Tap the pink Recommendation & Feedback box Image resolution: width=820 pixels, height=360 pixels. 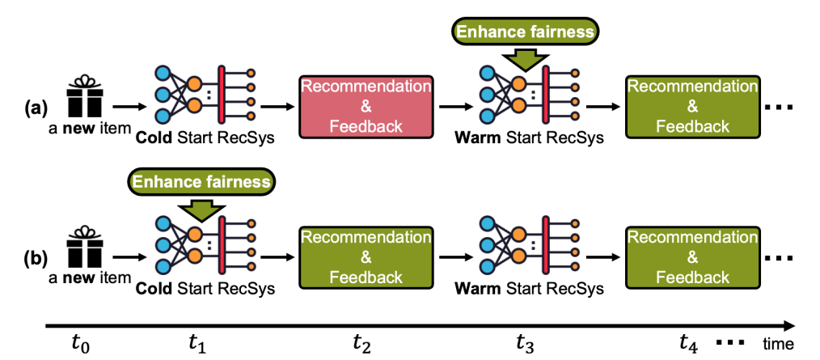click(365, 105)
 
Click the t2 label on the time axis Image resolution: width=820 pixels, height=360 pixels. click(361, 343)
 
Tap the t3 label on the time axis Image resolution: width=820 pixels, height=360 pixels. click(524, 343)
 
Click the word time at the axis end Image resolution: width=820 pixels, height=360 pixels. click(780, 344)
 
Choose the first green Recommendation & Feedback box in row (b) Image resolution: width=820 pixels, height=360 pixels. click(365, 256)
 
